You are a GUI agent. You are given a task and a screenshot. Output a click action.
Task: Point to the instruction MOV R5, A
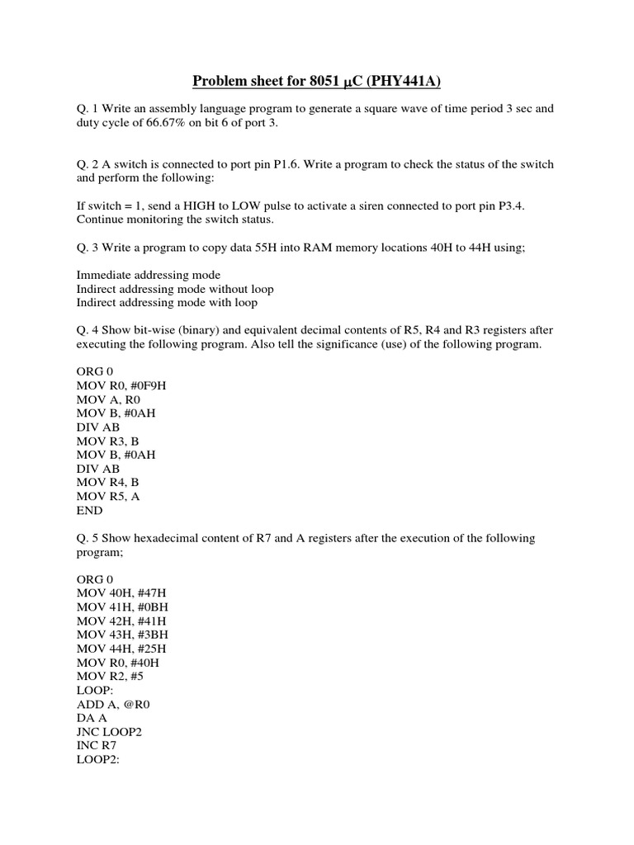click(111, 497)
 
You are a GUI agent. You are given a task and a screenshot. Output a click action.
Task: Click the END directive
click(90, 511)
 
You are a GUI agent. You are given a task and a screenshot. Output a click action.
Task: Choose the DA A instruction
click(92, 718)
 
